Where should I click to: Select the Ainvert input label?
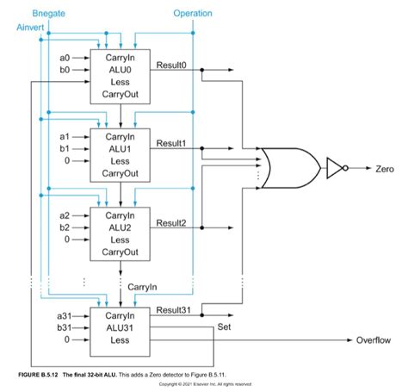[x=31, y=28]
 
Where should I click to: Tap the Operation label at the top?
[x=192, y=14]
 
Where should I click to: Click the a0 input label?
[x=65, y=58]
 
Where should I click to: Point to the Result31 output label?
[x=174, y=309]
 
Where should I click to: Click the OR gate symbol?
[x=287, y=168]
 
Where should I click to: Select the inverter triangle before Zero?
[x=333, y=168]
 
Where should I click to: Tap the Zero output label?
[x=384, y=169]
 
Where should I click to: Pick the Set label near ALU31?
[x=225, y=327]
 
